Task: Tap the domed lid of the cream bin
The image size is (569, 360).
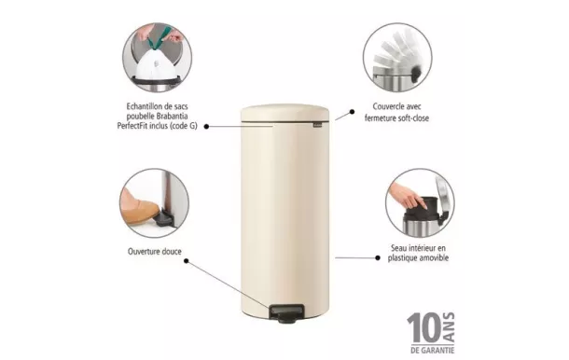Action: point(285,114)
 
